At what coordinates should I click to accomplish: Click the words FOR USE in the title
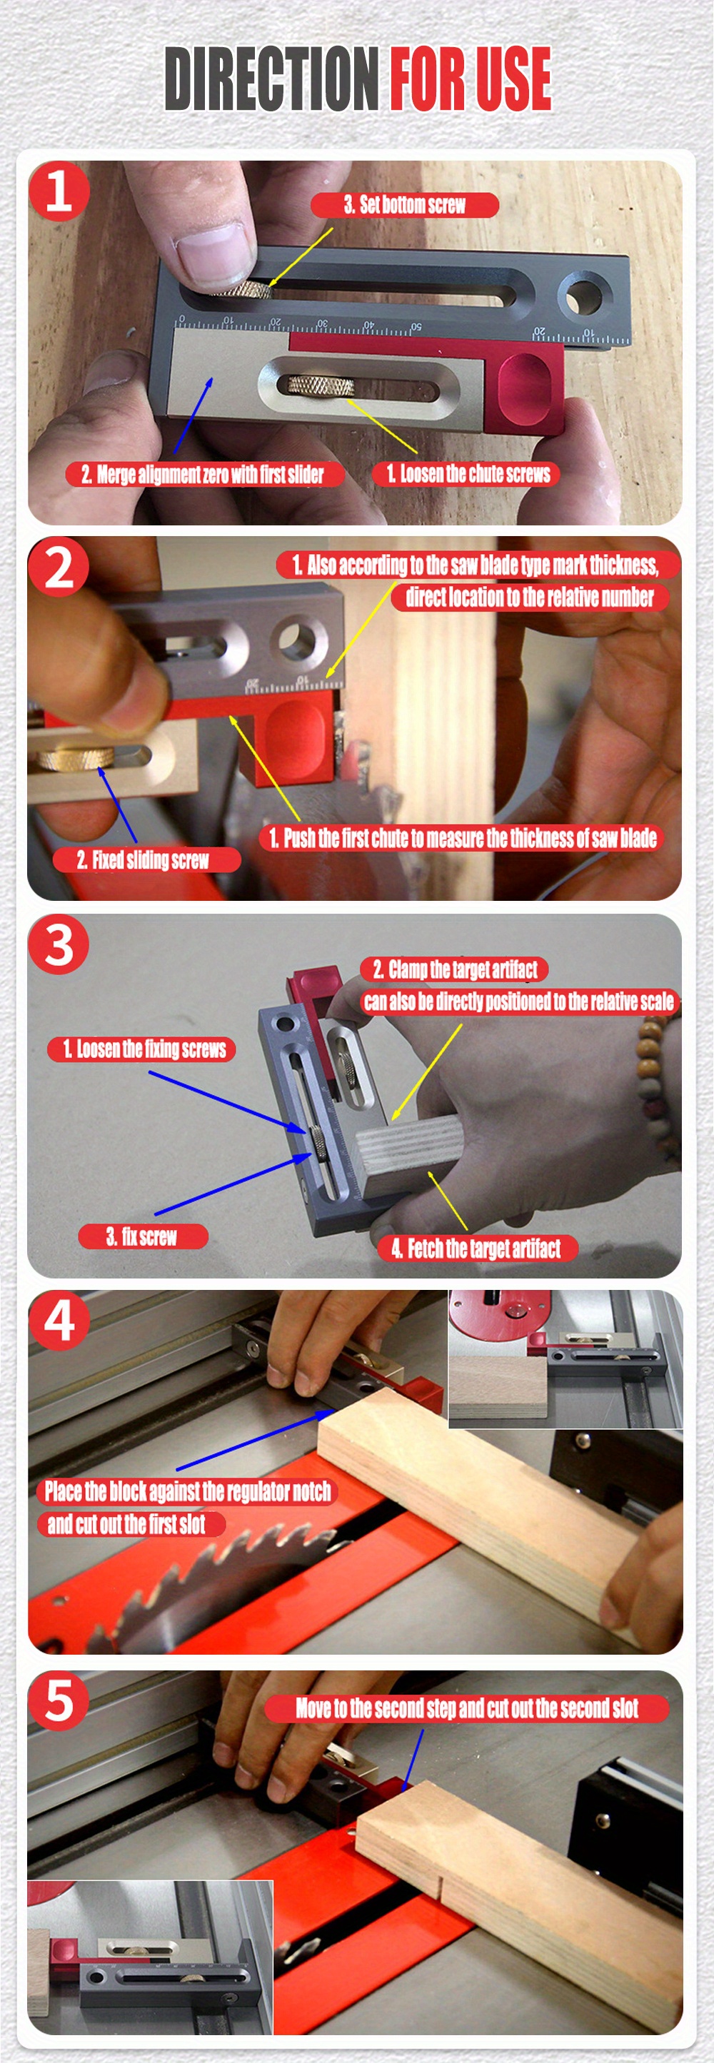471,79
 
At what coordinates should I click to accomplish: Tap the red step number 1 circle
59,191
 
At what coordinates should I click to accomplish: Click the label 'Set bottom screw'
405,205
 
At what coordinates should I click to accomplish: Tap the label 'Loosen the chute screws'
466,473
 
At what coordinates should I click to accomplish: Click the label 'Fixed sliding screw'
145,860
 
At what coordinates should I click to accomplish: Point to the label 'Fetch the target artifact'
476,1248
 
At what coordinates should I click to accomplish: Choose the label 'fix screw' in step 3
143,1236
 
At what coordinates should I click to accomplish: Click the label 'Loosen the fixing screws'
143,1049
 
